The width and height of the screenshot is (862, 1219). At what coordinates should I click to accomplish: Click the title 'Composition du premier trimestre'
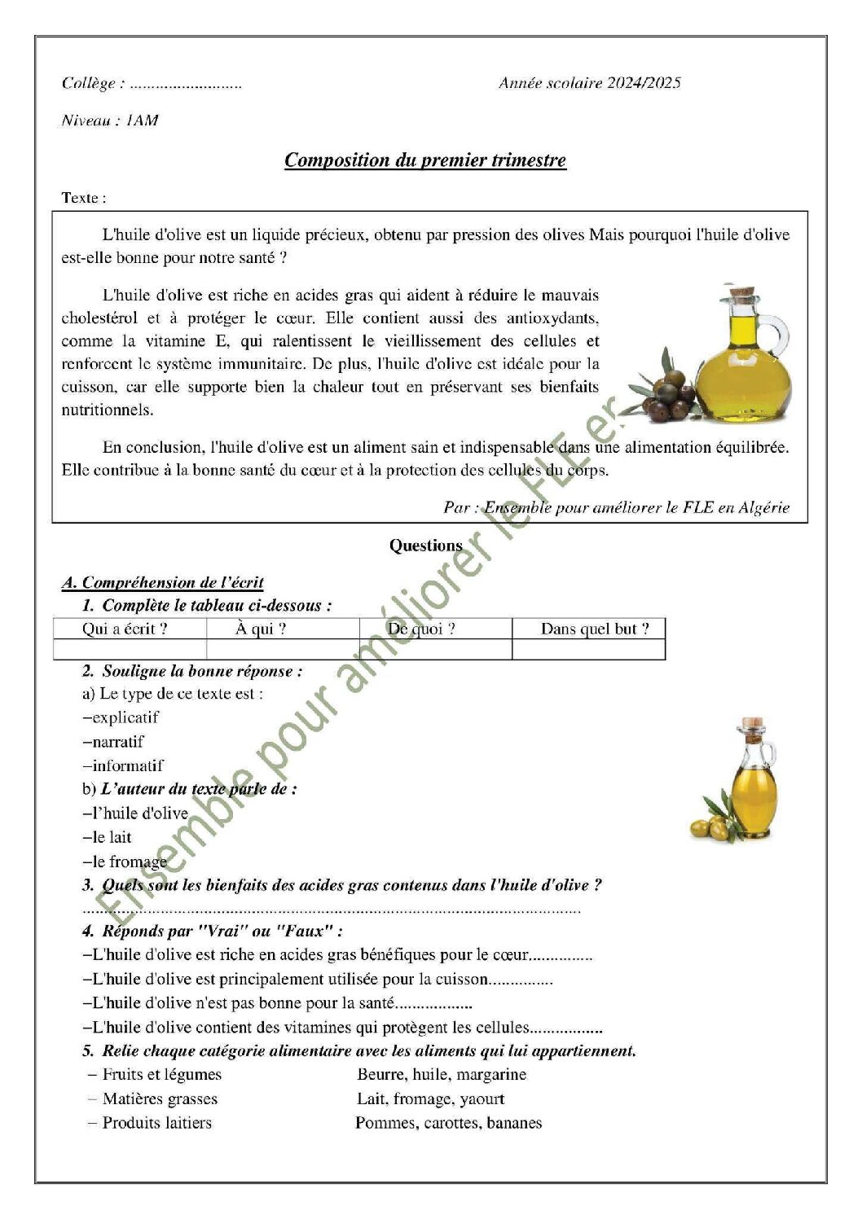pyautogui.click(x=424, y=160)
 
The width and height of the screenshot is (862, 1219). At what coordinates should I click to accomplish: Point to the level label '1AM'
pyautogui.click(x=143, y=121)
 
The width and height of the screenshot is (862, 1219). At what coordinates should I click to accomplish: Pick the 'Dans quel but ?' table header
pyautogui.click(x=595, y=629)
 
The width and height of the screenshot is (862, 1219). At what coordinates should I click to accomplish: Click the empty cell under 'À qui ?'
pyautogui.click(x=282, y=649)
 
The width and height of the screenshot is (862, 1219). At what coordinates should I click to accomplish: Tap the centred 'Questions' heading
pyautogui.click(x=425, y=546)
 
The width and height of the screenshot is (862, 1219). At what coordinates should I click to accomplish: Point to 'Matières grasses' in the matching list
pyautogui.click(x=160, y=1098)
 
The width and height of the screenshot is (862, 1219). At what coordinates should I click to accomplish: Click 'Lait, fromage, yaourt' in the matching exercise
pyautogui.click(x=430, y=1098)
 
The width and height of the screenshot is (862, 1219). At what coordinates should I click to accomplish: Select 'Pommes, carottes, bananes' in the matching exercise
pyautogui.click(x=448, y=1123)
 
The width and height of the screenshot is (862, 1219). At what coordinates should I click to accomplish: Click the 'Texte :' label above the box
pyautogui.click(x=84, y=198)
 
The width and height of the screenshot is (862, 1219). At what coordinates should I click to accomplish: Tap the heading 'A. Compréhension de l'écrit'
pyautogui.click(x=163, y=582)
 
